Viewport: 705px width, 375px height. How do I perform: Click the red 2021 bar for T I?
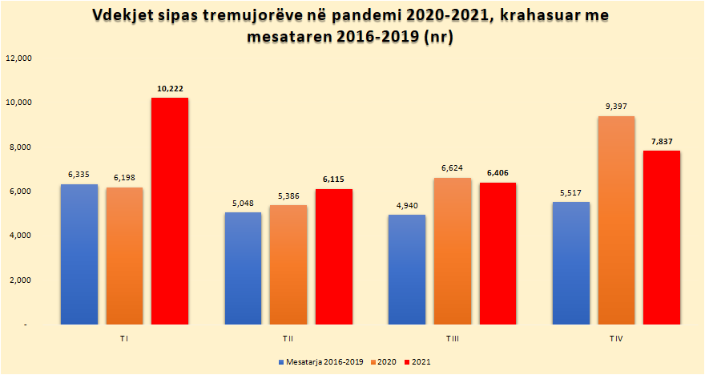(170, 212)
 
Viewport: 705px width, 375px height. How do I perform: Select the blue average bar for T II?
(243, 268)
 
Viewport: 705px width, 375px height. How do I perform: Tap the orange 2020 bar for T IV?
(616, 220)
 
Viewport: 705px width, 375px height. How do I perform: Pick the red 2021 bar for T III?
(498, 253)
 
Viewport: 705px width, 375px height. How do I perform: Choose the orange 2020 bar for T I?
(124, 256)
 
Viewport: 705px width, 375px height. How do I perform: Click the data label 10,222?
(171, 89)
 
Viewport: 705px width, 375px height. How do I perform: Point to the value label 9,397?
(617, 107)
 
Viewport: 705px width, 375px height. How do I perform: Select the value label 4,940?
(406, 206)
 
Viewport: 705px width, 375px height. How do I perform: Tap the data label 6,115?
(334, 180)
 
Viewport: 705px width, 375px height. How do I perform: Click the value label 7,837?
(662, 142)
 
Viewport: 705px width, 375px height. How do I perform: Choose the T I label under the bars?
(124, 340)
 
